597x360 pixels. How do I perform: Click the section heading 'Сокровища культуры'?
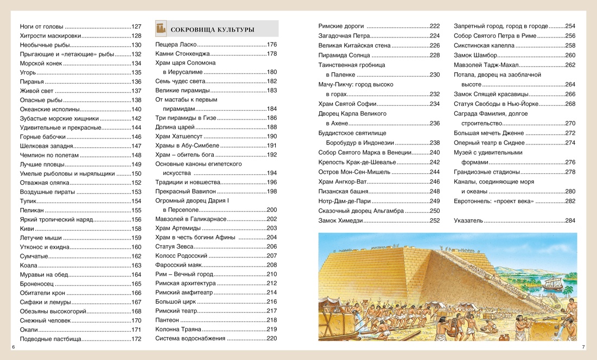click(x=212, y=29)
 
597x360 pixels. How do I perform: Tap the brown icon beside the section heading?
click(x=161, y=28)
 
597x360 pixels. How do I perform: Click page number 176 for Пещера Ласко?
click(x=272, y=45)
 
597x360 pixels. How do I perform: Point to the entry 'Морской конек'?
click(x=41, y=63)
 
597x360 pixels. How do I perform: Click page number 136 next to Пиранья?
click(x=136, y=81)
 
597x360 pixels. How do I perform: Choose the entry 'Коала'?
click(x=28, y=266)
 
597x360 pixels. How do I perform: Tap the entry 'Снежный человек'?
click(x=45, y=320)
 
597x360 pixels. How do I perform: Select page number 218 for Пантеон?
click(x=272, y=320)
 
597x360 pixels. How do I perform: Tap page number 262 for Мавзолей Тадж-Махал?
click(x=570, y=65)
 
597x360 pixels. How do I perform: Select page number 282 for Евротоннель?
click(x=570, y=201)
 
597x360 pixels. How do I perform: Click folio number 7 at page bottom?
click(x=583, y=346)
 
